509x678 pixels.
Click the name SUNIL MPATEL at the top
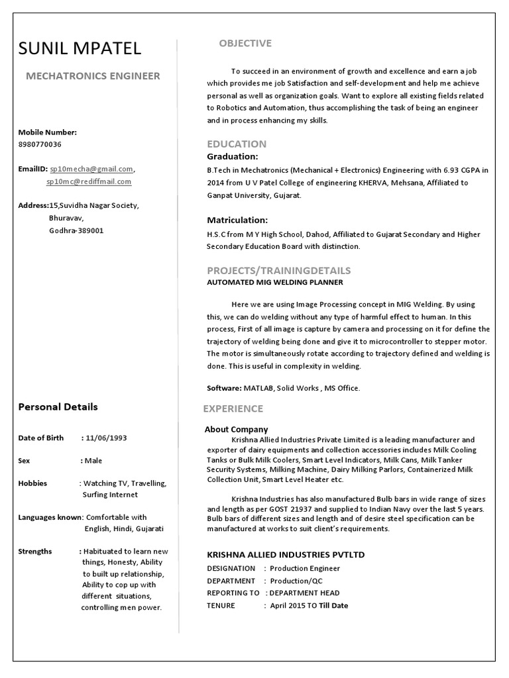coord(80,48)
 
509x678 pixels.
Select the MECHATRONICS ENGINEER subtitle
coord(93,76)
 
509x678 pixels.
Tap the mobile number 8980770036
coord(40,144)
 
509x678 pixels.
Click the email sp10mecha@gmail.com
coord(91,169)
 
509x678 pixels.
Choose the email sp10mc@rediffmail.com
coord(88,181)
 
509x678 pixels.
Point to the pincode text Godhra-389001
coord(76,230)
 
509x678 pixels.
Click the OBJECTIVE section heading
coord(245,44)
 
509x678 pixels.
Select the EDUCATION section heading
coord(237,144)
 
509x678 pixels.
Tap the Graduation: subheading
coord(233,156)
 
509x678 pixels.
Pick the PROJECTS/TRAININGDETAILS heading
coord(279,270)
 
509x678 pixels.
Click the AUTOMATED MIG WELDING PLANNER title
coord(275,282)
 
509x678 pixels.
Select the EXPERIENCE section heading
coord(233,409)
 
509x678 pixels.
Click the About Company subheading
coord(236,429)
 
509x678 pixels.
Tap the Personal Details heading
coord(58,407)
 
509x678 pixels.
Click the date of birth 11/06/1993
coord(107,438)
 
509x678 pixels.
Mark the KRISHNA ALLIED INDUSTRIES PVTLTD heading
coord(286,554)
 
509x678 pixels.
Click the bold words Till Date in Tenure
coord(333,605)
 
